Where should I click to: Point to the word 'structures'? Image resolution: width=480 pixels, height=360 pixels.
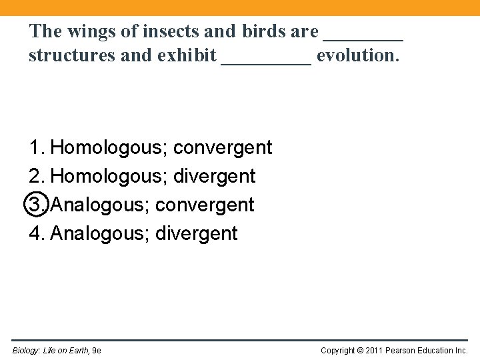coord(64,55)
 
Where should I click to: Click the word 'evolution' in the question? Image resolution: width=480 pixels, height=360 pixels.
coord(358,55)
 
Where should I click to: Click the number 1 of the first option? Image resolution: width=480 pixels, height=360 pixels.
coord(35,147)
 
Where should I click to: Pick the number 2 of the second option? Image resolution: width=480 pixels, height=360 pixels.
coord(35,176)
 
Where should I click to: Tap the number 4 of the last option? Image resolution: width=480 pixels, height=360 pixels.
coord(35,233)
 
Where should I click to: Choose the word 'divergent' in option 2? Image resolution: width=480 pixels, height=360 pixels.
coord(214,176)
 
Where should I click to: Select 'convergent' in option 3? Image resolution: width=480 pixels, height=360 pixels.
coord(205,205)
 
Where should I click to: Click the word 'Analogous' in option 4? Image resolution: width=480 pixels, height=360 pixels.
coord(99,233)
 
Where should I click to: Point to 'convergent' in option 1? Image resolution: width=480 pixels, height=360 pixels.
coord(223,147)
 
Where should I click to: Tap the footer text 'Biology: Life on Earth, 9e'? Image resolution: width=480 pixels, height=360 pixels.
coord(57,351)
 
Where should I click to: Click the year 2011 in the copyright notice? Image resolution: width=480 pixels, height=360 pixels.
coord(373,351)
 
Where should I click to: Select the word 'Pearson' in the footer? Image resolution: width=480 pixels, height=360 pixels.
coord(401,351)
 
